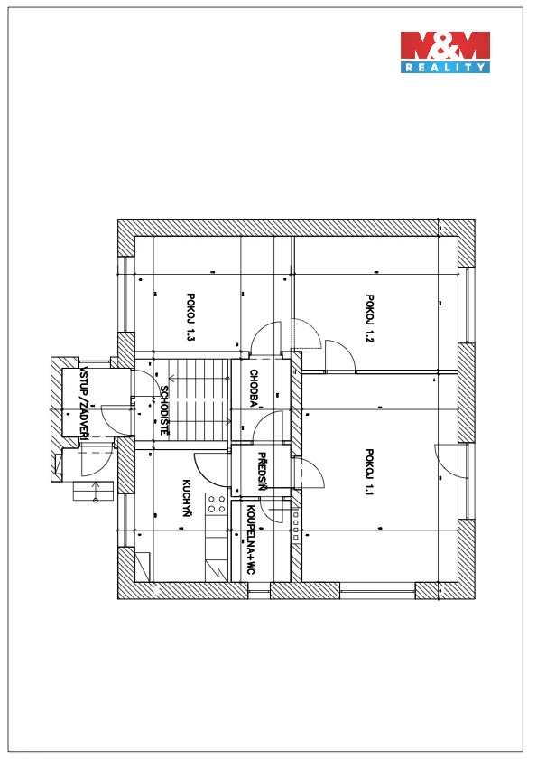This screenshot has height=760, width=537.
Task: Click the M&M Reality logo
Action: (x=445, y=52)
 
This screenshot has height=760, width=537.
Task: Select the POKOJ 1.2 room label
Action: (x=369, y=318)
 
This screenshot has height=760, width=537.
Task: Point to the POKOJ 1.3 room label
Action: (x=190, y=316)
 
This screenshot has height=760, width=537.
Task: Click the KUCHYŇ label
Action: (x=187, y=498)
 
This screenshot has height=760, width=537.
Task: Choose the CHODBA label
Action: (x=254, y=388)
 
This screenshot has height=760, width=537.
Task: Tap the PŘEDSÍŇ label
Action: (x=262, y=471)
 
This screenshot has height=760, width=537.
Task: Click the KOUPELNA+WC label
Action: (x=251, y=540)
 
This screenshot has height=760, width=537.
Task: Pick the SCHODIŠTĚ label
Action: (x=163, y=410)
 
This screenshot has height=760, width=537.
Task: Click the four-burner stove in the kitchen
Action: (x=217, y=503)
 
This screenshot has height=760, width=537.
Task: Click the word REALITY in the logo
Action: (x=445, y=68)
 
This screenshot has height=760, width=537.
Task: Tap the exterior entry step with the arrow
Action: (x=93, y=491)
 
